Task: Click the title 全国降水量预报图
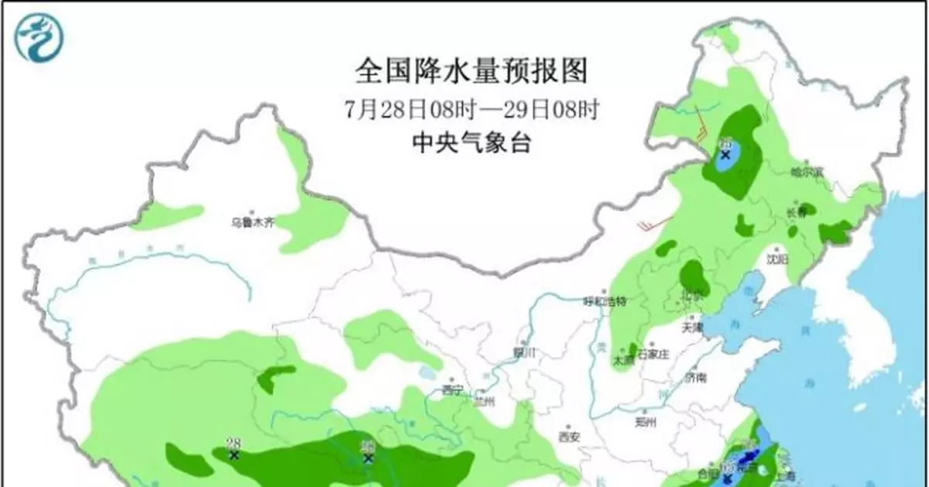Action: (x=471, y=72)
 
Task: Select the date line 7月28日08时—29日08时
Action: (x=471, y=109)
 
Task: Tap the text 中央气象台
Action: (x=471, y=143)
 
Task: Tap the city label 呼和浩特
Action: (x=604, y=300)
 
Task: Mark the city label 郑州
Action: (x=645, y=422)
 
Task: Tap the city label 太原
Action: (x=624, y=359)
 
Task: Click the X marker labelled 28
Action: (x=234, y=455)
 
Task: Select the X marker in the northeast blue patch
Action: (x=725, y=154)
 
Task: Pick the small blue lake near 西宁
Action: (x=427, y=375)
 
